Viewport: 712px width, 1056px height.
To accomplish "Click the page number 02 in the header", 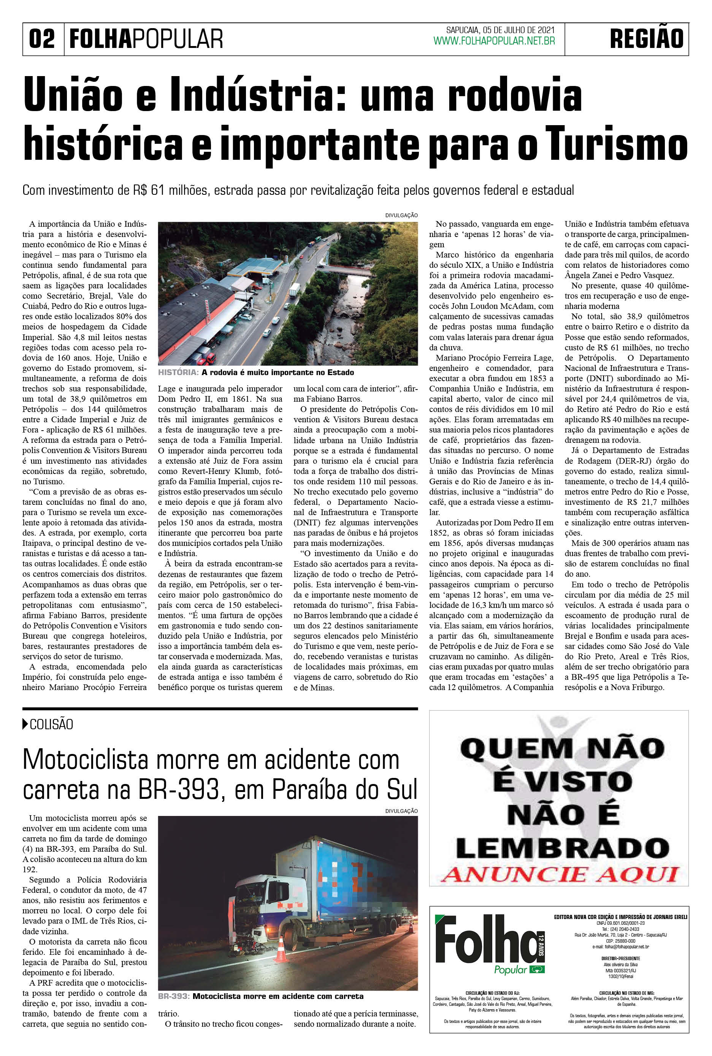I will [42, 39].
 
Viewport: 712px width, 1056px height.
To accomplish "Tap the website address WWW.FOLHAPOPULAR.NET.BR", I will [494, 41].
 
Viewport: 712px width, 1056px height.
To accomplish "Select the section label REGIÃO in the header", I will [646, 39].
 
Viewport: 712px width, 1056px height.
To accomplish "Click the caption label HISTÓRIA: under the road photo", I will [178, 372].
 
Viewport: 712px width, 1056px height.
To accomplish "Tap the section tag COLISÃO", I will [51, 724].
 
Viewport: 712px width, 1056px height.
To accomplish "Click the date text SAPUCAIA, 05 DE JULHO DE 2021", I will [500, 30].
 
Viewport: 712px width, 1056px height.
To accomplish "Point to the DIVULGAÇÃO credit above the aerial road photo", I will [401, 215].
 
